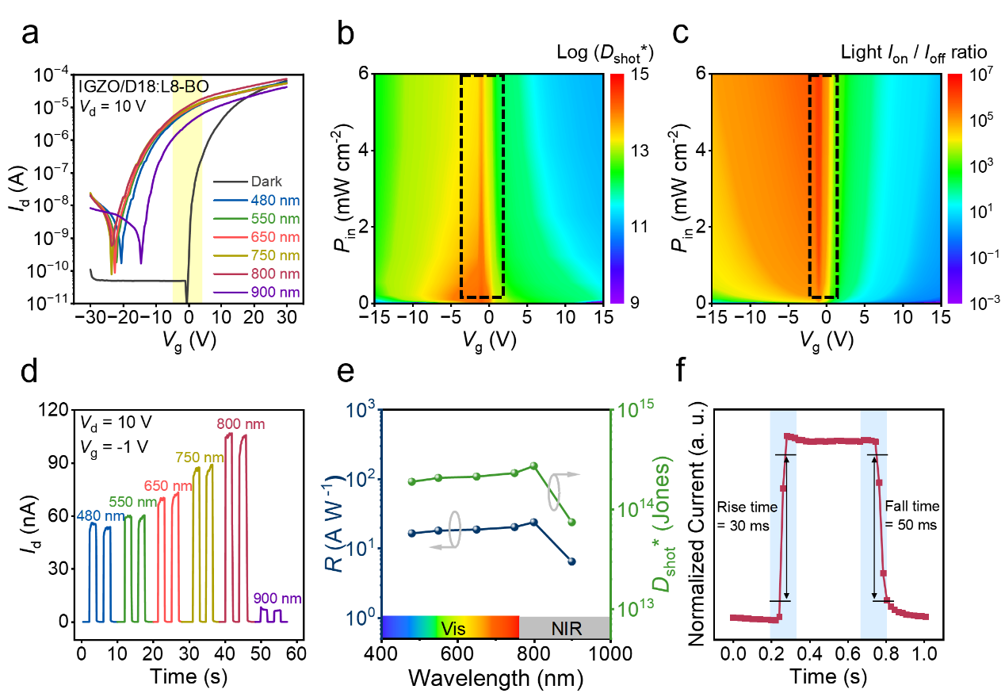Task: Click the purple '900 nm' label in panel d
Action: click(x=277, y=599)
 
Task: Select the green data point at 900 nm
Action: click(x=571, y=522)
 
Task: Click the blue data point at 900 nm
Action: click(x=571, y=561)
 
